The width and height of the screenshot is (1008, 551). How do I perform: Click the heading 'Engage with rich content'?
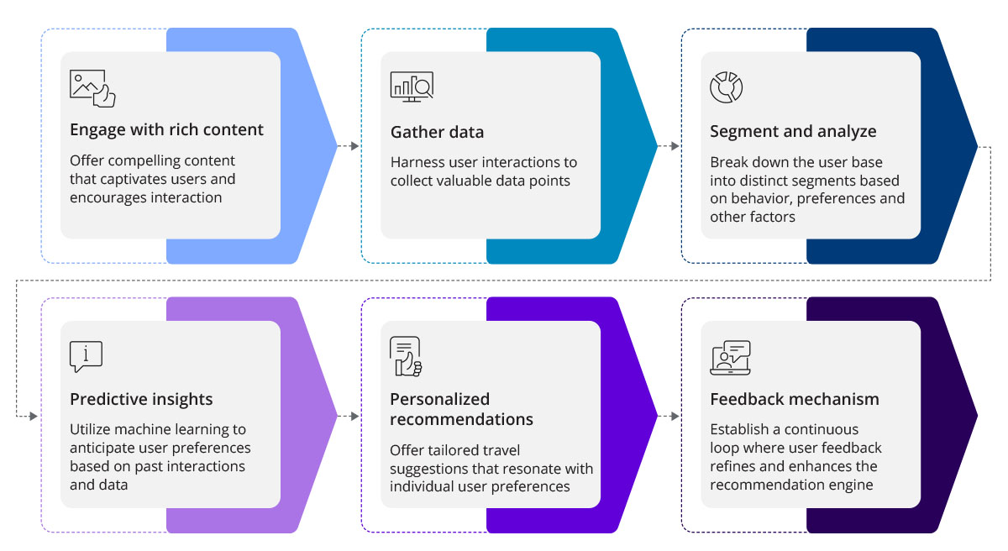pos(166,130)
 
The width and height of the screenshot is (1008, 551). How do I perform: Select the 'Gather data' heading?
pos(437,133)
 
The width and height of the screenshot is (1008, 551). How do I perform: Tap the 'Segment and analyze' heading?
pos(793,132)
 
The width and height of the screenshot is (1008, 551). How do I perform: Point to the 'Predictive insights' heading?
pos(141,399)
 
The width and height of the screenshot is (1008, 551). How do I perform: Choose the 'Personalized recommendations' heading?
pos(461,409)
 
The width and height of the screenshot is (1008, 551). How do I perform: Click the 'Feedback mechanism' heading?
pos(795,399)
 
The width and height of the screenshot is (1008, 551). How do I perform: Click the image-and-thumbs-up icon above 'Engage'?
pos(92,87)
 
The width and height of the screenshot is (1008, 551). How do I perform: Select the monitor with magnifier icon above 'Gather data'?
pos(412,87)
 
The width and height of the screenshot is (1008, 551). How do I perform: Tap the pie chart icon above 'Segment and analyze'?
pos(727,87)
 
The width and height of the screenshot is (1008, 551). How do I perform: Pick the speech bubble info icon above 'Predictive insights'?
pos(86,357)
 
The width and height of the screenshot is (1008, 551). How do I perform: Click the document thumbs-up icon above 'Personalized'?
pos(406,356)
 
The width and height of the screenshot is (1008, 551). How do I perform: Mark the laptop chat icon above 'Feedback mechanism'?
pos(730,357)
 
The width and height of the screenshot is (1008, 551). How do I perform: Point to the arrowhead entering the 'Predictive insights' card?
pos(34,416)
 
